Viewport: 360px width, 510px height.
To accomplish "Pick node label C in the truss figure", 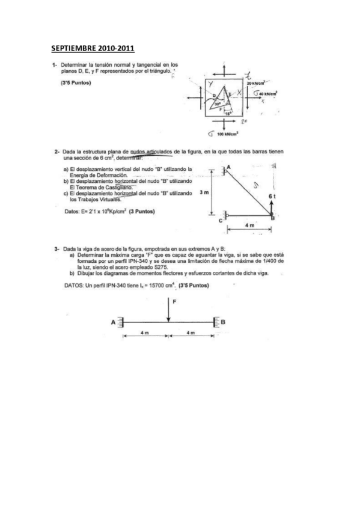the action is click(221, 220).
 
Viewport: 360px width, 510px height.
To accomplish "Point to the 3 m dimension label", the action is click(203, 193).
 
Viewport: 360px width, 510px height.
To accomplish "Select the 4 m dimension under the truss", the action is click(249, 225).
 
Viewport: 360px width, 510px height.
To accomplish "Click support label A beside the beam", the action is click(113, 322).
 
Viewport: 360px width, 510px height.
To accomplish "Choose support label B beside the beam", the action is click(224, 322).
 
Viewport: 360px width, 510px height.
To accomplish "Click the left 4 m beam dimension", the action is click(145, 333).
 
